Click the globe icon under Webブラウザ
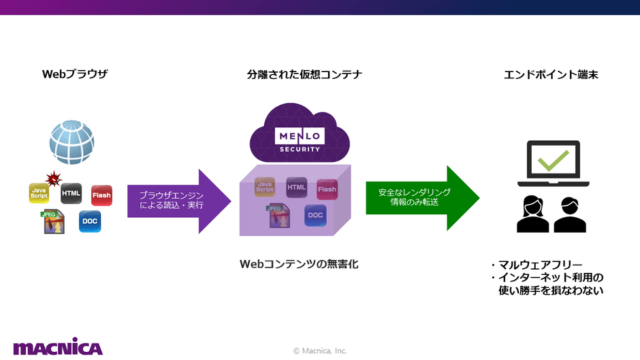71,142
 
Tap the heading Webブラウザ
75,74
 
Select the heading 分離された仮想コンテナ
304,74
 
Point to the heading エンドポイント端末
551,74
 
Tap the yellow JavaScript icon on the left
39,193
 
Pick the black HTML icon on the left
71,193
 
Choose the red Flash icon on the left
101,195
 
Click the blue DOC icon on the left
90,221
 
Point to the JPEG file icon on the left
52,222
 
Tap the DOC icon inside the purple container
315,215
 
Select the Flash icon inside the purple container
327,189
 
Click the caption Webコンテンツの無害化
299,263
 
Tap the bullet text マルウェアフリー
541,265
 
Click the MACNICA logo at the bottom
58,347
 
